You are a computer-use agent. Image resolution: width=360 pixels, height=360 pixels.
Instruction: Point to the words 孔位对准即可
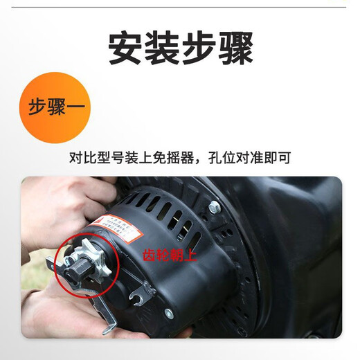(250, 157)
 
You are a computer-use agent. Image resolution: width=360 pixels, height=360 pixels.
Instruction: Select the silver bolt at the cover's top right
(215, 206)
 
